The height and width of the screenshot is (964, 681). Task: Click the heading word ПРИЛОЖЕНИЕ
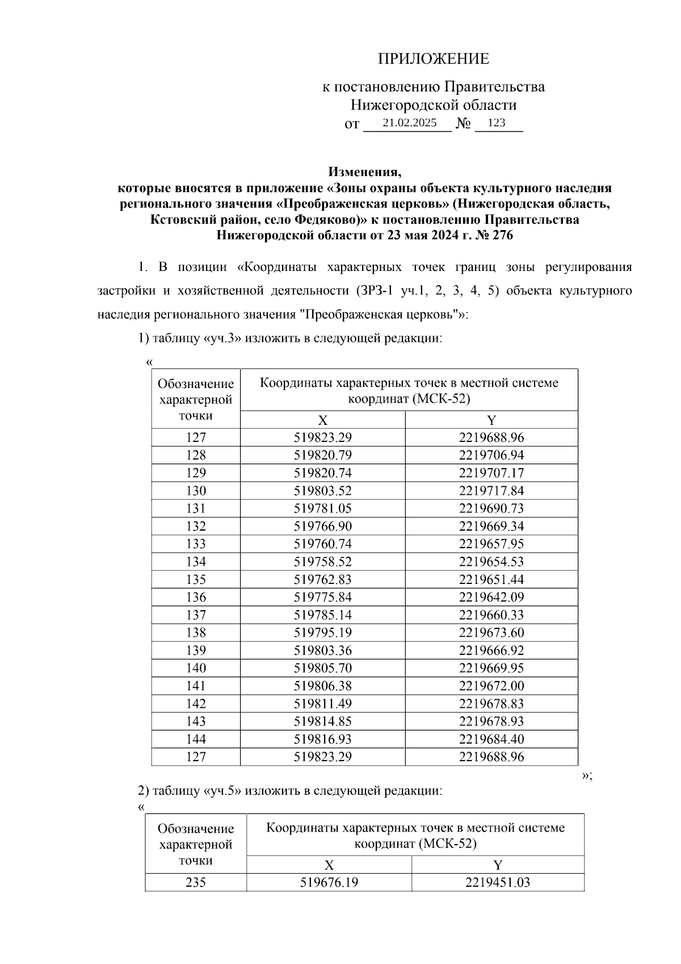click(x=434, y=59)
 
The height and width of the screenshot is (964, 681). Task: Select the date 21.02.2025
click(x=409, y=123)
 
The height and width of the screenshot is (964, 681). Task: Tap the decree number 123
click(x=496, y=123)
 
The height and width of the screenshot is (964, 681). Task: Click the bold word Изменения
click(x=365, y=172)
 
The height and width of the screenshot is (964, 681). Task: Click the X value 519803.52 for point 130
click(x=322, y=491)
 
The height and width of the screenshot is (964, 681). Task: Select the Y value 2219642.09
click(x=491, y=597)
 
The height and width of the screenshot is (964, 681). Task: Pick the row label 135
click(x=196, y=579)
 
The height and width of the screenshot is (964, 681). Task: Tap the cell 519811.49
click(x=322, y=704)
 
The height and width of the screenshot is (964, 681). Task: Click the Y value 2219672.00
click(x=491, y=686)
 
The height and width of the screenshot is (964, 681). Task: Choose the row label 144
click(x=196, y=739)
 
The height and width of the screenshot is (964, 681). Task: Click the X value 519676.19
click(x=329, y=883)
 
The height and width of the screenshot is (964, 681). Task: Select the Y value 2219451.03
click(x=498, y=883)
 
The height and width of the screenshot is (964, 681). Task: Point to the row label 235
click(x=196, y=883)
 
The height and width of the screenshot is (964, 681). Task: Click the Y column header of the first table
click(x=491, y=420)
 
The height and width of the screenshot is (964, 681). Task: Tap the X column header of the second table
click(x=329, y=865)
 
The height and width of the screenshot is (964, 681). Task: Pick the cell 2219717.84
click(x=491, y=491)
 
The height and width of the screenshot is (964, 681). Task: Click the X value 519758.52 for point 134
click(x=322, y=562)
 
